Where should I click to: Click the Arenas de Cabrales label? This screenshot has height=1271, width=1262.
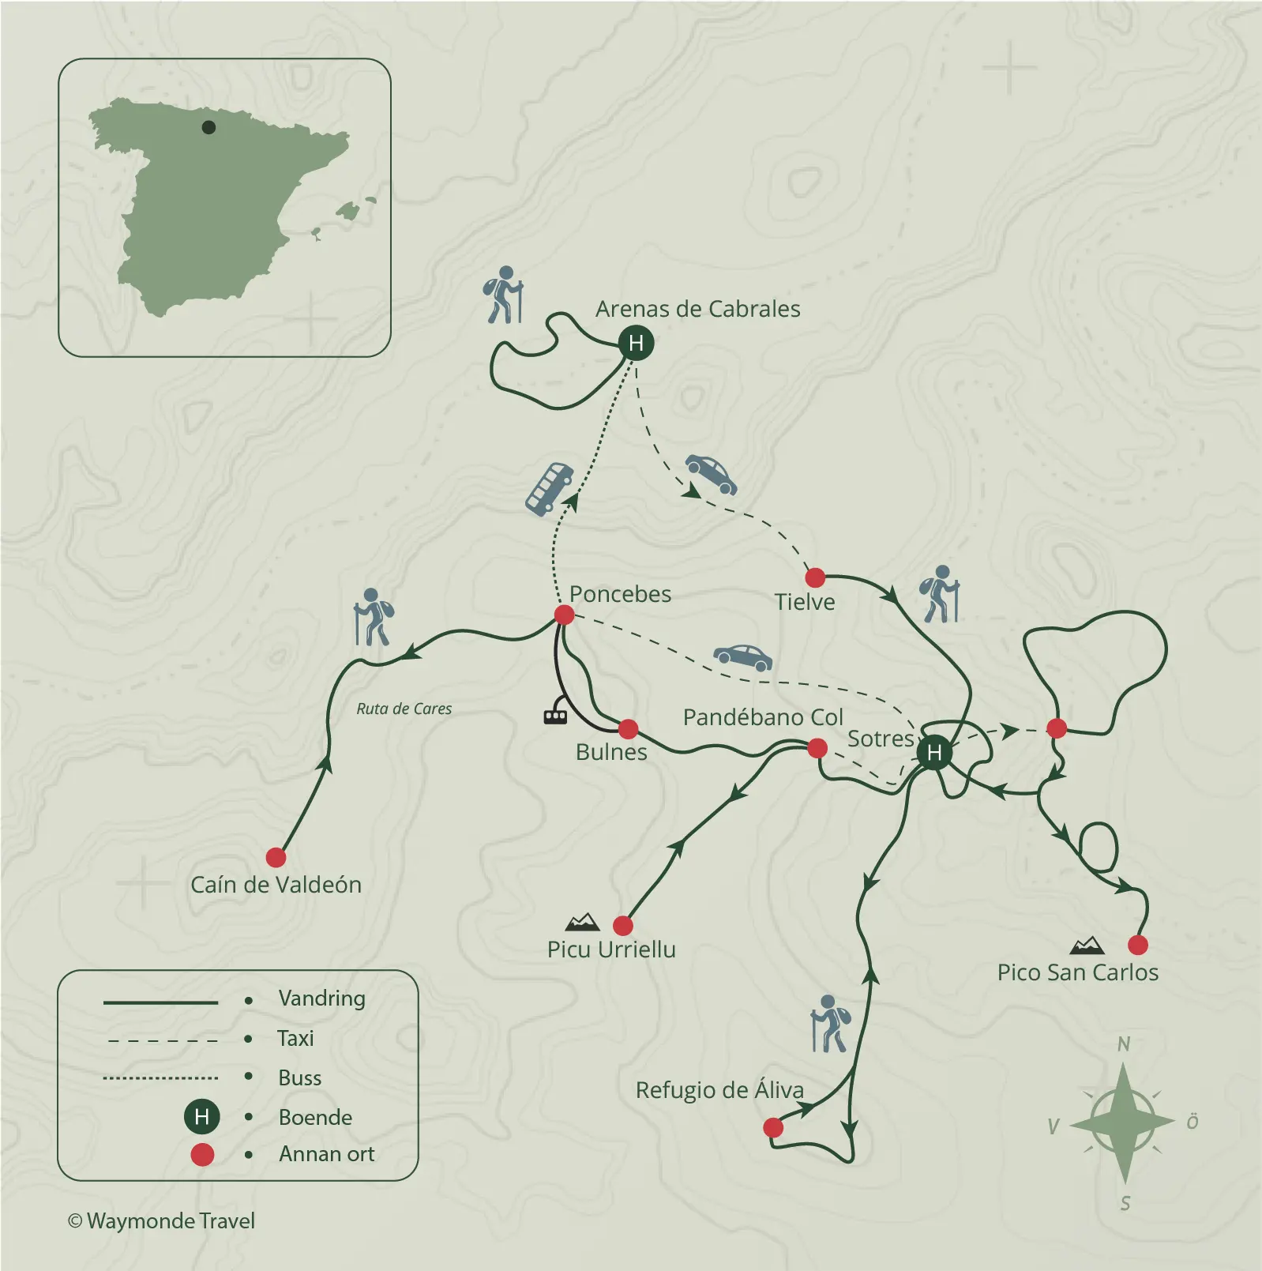coord(697,309)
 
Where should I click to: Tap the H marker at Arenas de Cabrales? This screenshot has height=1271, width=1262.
coord(636,343)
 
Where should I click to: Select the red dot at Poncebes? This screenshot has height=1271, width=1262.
coord(564,615)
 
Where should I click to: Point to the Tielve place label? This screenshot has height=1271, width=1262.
coord(804,602)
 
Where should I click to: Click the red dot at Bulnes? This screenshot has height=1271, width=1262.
coord(628,728)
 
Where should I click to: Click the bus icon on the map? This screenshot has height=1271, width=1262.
coord(550,489)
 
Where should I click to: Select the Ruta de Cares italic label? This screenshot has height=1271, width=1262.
coord(404,709)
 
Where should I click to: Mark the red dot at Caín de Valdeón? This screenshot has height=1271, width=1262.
coord(276,857)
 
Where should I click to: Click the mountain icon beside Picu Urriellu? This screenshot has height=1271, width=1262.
coord(583,922)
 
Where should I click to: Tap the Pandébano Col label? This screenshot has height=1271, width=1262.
coord(763,717)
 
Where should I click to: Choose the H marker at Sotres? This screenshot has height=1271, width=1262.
coord(934,752)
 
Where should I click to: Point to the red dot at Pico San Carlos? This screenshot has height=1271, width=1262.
coord(1137,944)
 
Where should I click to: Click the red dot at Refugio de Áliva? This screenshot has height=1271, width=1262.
coord(773,1127)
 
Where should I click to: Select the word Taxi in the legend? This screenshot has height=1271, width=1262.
coord(295,1038)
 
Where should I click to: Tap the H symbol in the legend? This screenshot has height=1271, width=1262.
coord(201,1117)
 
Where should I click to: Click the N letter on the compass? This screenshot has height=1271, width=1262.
coord(1124,1044)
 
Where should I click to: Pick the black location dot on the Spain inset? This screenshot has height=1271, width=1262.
coord(208,127)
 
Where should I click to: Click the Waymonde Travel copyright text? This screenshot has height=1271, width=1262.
coord(162,1221)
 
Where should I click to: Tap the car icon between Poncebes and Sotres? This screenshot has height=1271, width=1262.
coord(742,657)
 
